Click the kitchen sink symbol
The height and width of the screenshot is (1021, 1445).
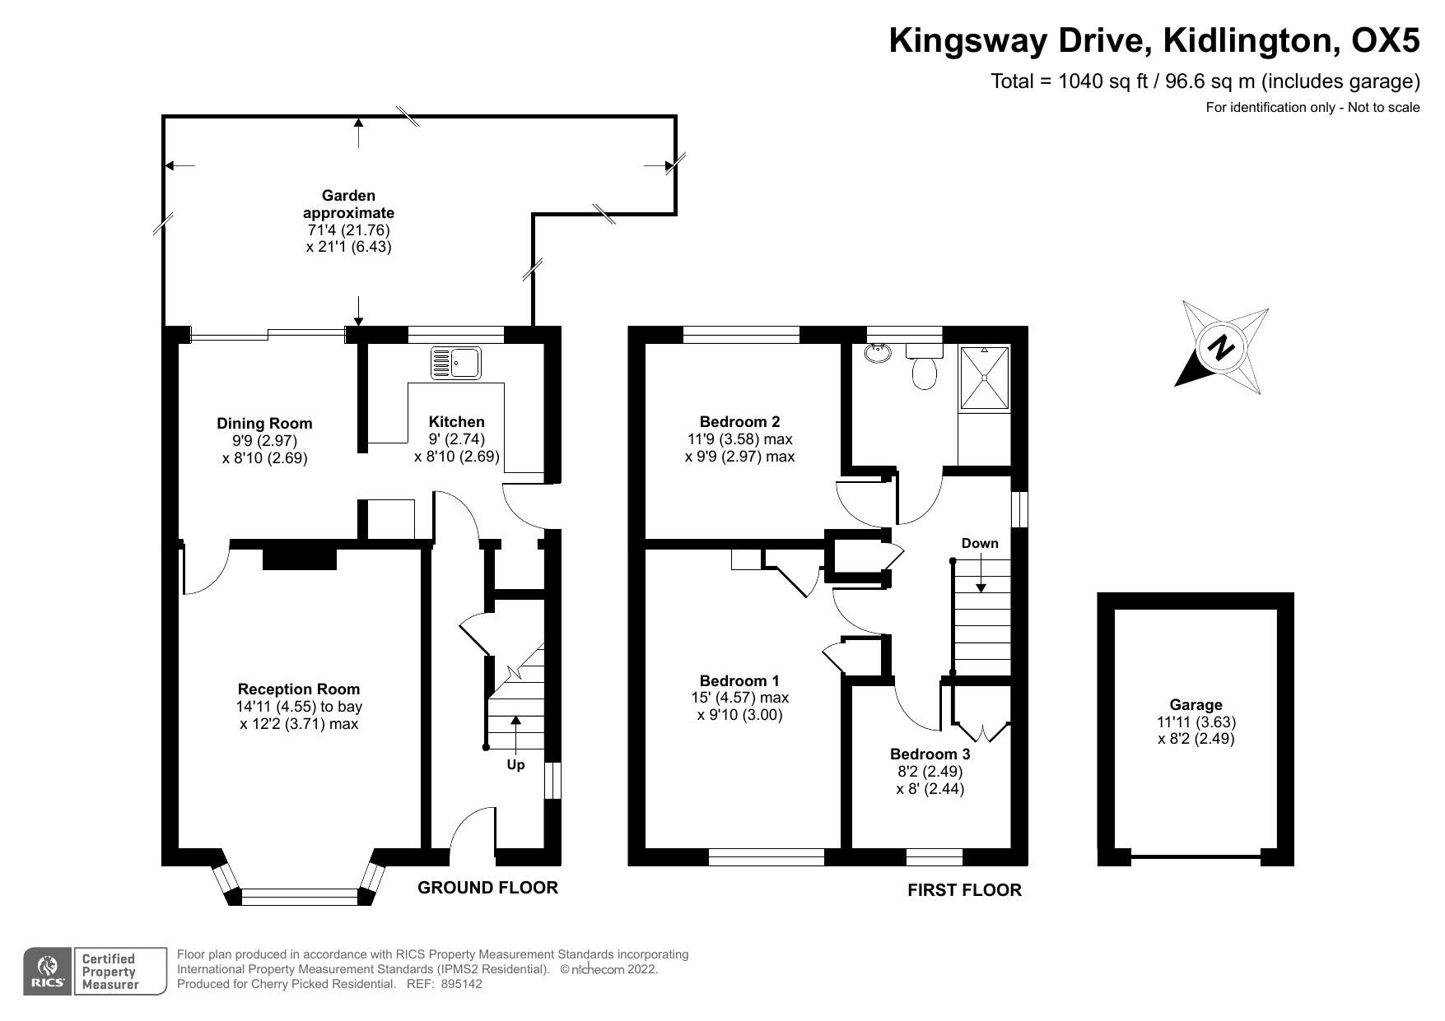click(x=457, y=363)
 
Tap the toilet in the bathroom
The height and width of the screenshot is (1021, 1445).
click(x=925, y=369)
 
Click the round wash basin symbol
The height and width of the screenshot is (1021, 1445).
click(x=877, y=354)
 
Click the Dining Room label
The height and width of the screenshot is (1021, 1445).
click(x=264, y=424)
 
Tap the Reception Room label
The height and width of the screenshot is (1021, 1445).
click(x=299, y=689)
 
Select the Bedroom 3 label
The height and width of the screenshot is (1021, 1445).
click(x=930, y=754)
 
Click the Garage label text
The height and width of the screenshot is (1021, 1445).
click(x=1196, y=705)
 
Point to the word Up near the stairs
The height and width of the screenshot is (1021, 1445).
click(x=515, y=765)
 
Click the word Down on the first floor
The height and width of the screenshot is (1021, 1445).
click(x=980, y=544)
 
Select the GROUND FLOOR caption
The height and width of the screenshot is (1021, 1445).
click(x=487, y=888)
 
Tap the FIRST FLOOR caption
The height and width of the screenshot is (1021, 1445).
click(x=964, y=890)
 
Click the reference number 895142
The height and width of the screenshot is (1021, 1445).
click(x=461, y=984)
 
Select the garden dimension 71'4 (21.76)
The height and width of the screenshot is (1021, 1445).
click(x=348, y=230)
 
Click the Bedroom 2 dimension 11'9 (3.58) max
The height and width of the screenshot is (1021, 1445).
click(x=739, y=439)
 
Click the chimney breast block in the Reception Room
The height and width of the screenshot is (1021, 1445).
click(x=300, y=559)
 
